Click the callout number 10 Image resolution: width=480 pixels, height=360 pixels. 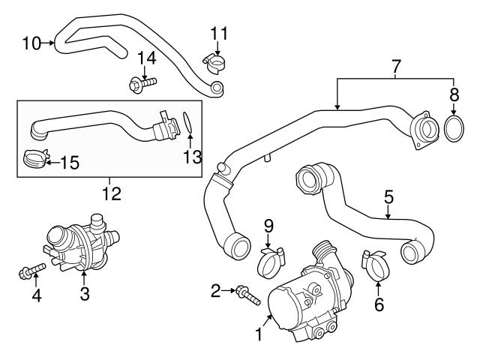click(30, 43)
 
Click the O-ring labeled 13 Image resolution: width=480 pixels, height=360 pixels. click(190, 122)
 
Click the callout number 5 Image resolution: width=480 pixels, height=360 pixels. click(388, 197)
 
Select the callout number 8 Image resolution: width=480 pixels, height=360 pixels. click(454, 94)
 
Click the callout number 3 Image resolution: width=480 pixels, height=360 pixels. click(84, 295)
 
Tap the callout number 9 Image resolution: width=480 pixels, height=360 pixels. click(268, 223)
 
